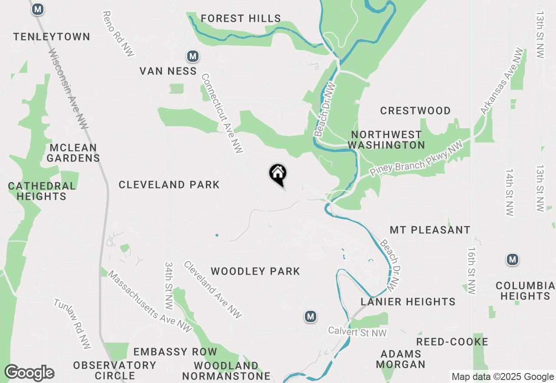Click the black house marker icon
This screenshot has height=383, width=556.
(278, 175)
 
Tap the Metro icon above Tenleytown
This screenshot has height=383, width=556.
(38, 9)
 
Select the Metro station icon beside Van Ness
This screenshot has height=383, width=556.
(193, 56)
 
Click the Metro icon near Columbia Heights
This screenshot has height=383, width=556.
(513, 260)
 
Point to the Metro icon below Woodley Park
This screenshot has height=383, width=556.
(310, 316)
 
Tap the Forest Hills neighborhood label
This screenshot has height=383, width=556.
(241, 18)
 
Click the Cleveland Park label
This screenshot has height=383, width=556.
(169, 185)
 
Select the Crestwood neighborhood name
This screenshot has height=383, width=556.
(415, 111)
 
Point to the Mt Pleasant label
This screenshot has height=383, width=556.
(430, 230)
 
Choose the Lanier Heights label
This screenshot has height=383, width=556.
(408, 302)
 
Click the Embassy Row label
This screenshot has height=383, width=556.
(175, 352)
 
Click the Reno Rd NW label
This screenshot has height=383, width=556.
(118, 34)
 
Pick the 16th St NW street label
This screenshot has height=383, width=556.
(473, 271)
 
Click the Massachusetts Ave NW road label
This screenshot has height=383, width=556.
(149, 302)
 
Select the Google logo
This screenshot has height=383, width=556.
(29, 373)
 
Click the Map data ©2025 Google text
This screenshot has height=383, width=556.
(503, 377)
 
